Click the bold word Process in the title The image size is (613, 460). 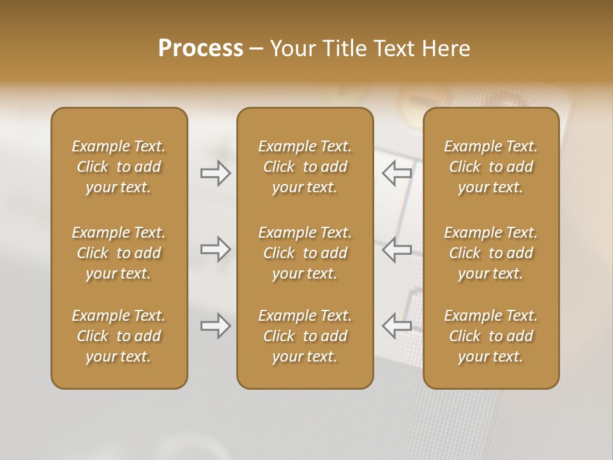[201, 49]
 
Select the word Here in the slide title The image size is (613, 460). [446, 49]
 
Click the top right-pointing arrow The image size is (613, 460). [216, 173]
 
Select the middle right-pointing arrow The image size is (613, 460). [216, 249]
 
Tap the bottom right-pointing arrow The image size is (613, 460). [216, 326]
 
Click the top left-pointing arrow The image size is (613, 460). [397, 173]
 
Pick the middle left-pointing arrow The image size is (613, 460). [397, 249]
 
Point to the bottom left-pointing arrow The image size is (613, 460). [397, 326]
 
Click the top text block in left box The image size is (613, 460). [119, 167]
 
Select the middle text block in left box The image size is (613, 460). [119, 253]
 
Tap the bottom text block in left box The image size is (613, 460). [119, 336]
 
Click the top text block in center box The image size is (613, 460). [305, 167]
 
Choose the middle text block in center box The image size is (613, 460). [305, 253]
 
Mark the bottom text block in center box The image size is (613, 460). [305, 336]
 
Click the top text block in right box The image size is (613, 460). [491, 167]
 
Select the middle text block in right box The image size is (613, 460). [491, 253]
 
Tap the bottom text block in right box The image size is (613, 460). [491, 336]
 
